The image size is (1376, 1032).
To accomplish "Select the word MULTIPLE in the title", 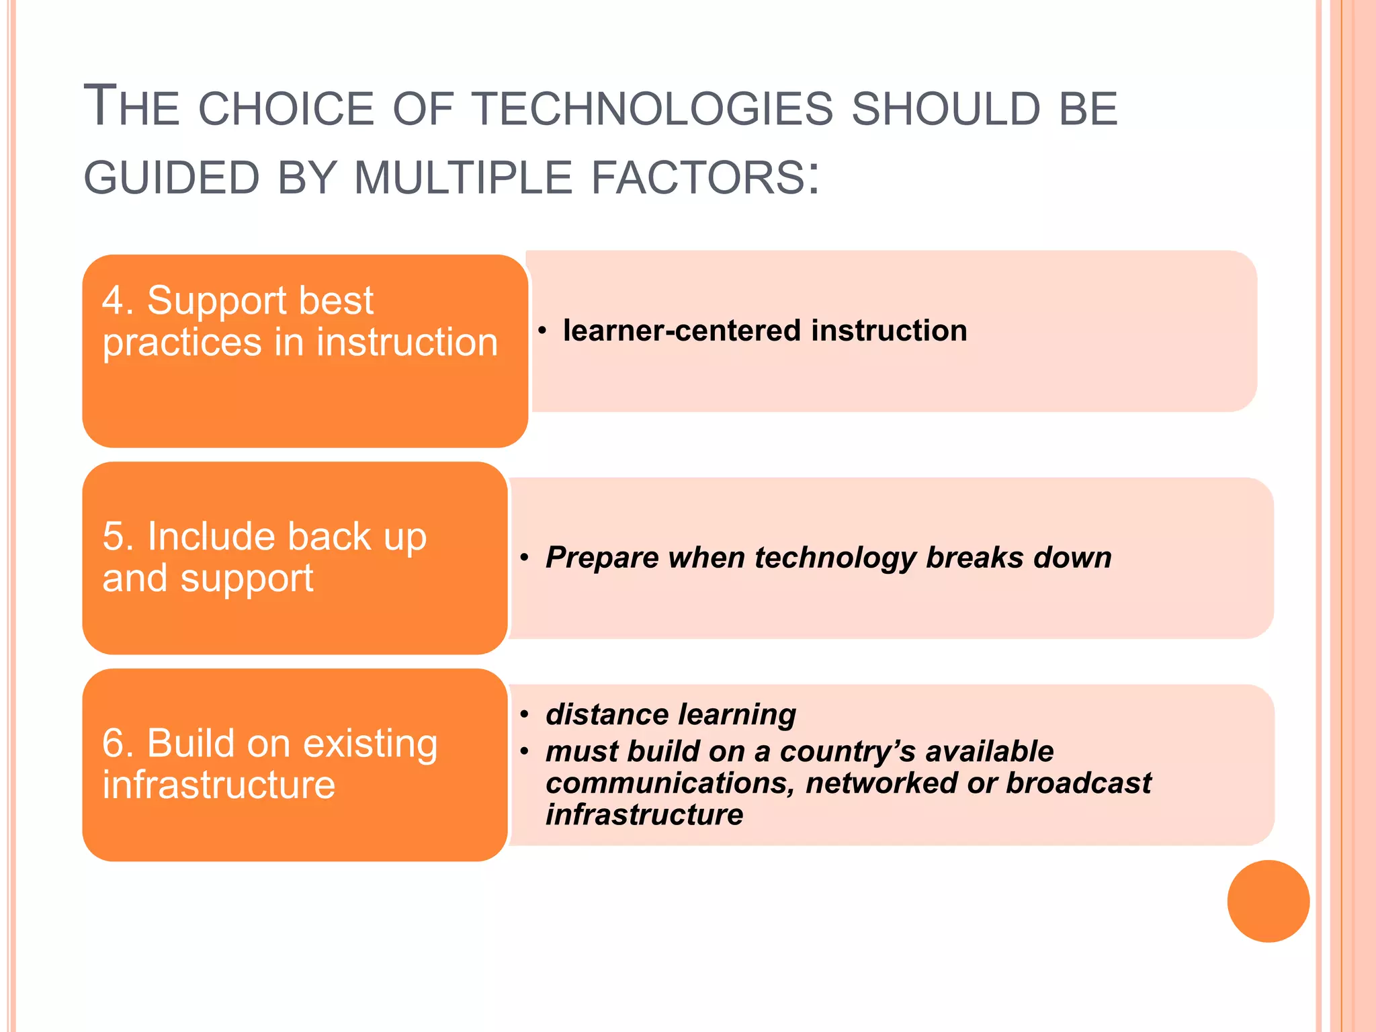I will click(x=463, y=178).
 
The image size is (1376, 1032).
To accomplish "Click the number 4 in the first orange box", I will click(x=114, y=300).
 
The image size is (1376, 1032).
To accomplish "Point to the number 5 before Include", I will click(x=114, y=536).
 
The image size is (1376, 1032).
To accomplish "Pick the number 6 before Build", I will click(x=114, y=743).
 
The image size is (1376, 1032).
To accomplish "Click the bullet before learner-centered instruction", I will click(x=542, y=331).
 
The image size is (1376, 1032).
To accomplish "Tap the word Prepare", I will click(x=602, y=558).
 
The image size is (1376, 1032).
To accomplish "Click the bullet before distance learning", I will click(x=525, y=714).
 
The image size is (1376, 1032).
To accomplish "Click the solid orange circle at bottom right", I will click(x=1268, y=901).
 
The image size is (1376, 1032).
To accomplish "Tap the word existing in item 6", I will click(x=370, y=743).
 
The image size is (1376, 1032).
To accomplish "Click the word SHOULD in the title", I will click(x=946, y=109).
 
